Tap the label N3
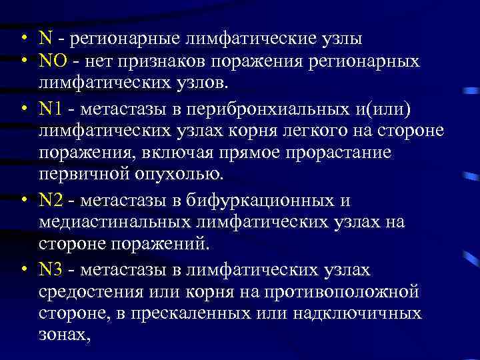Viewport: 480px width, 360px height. coord(51,270)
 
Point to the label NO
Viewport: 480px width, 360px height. coord(51,62)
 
